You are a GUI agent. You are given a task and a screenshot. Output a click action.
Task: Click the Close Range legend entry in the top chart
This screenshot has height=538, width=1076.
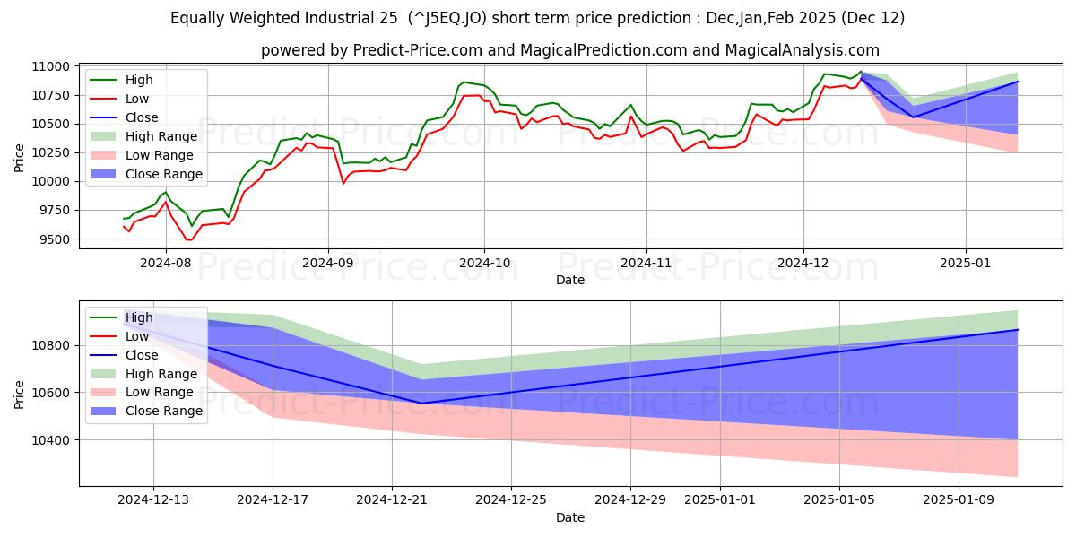tap(163, 174)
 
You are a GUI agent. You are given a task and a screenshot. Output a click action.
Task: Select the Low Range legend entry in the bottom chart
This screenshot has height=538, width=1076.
tap(159, 393)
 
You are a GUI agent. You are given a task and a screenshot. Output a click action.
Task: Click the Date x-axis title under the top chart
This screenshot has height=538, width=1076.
tap(570, 280)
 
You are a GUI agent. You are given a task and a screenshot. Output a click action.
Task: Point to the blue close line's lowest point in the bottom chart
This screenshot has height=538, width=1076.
tap(422, 403)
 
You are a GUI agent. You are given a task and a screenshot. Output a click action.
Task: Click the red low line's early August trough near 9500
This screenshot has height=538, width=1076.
tap(188, 239)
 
